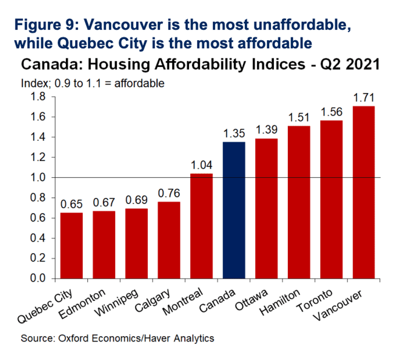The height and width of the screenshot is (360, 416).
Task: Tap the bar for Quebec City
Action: pyautogui.click(x=71, y=246)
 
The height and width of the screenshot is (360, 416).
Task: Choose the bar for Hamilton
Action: pyautogui.click(x=299, y=202)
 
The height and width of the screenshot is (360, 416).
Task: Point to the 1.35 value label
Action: pyautogui.click(x=234, y=134)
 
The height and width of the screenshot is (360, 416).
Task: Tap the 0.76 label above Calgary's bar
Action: pyautogui.click(x=169, y=194)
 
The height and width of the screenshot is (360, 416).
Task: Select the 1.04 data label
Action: pyautogui.click(x=201, y=165)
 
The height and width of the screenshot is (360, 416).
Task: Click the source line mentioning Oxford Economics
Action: pyautogui.click(x=118, y=338)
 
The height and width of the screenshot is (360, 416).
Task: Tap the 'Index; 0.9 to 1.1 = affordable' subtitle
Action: pyautogui.click(x=93, y=83)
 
